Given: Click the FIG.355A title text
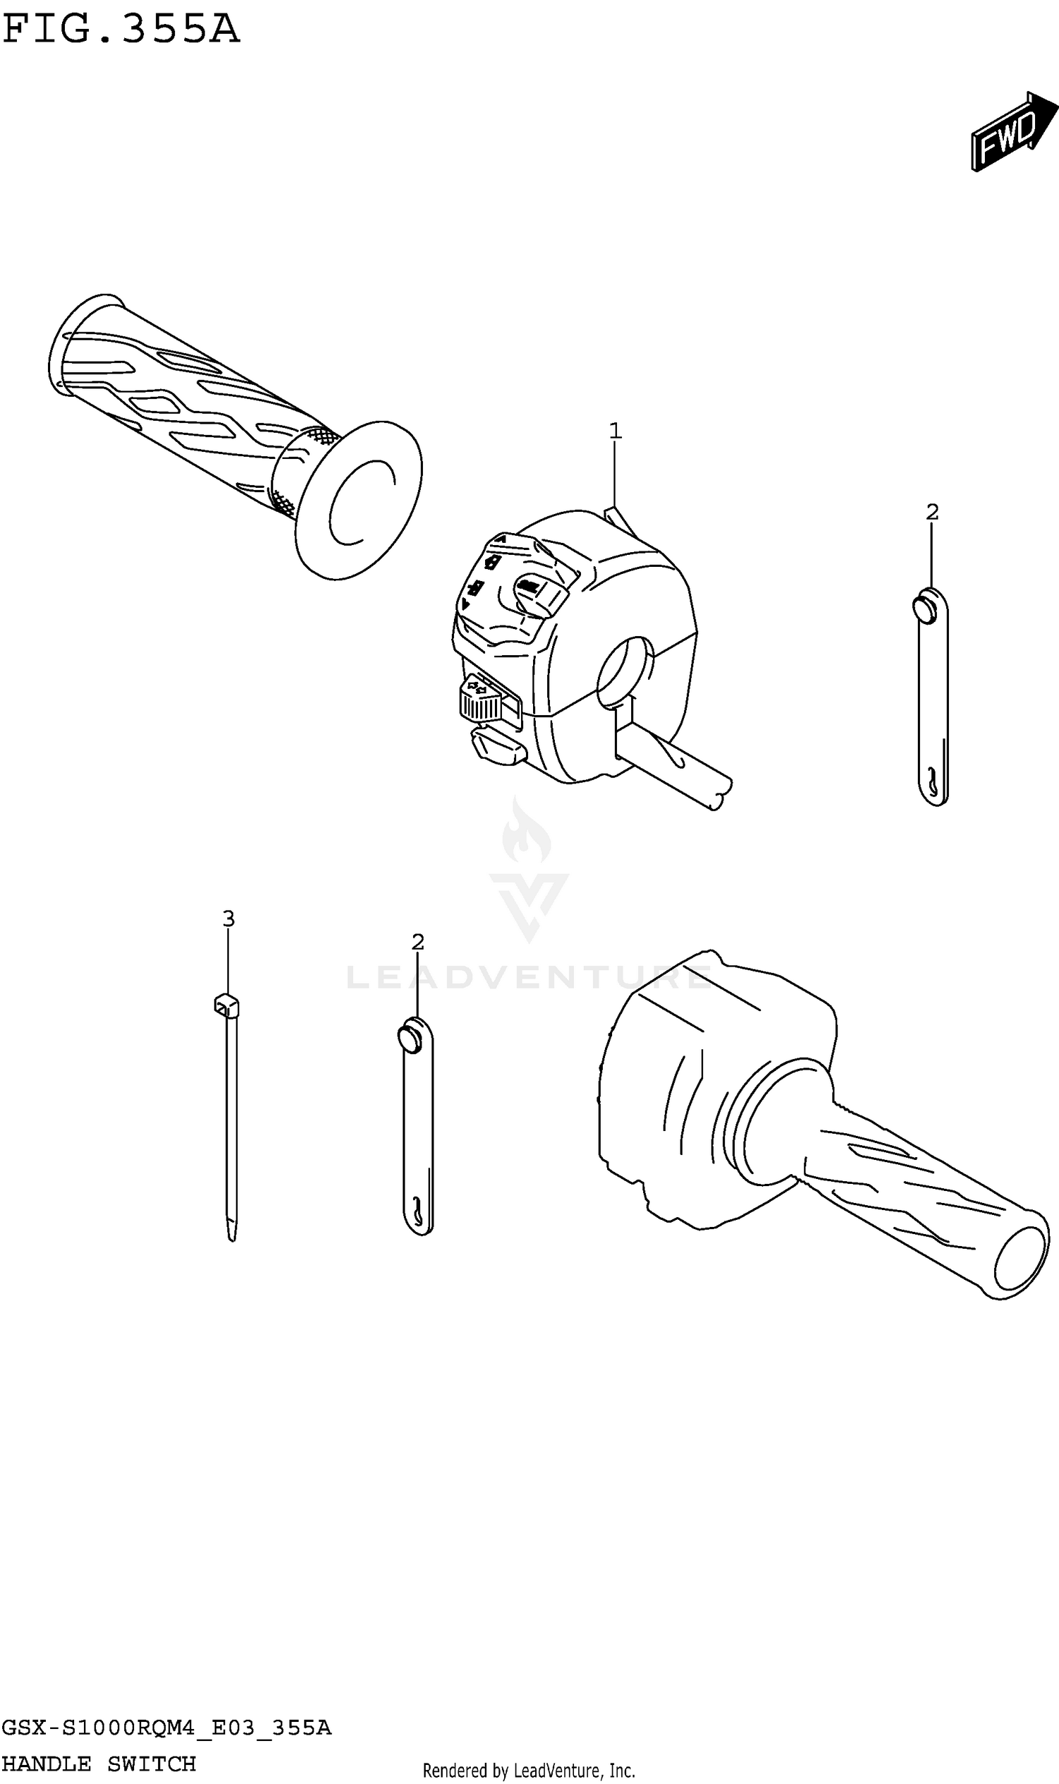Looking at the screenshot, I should [121, 30].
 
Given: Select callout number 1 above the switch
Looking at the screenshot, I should [615, 431].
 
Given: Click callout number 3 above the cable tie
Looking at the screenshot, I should [228, 918].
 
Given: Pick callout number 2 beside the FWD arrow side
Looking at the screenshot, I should [932, 512].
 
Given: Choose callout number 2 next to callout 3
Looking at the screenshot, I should [418, 942].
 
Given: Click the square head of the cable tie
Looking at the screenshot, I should [226, 1005].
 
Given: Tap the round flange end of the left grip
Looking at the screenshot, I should [359, 500].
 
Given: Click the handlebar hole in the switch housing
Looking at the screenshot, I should [623, 672].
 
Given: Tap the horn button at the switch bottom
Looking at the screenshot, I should [498, 746].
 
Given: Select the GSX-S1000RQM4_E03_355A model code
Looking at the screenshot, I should [167, 1728].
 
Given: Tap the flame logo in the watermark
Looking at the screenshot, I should [526, 832].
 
